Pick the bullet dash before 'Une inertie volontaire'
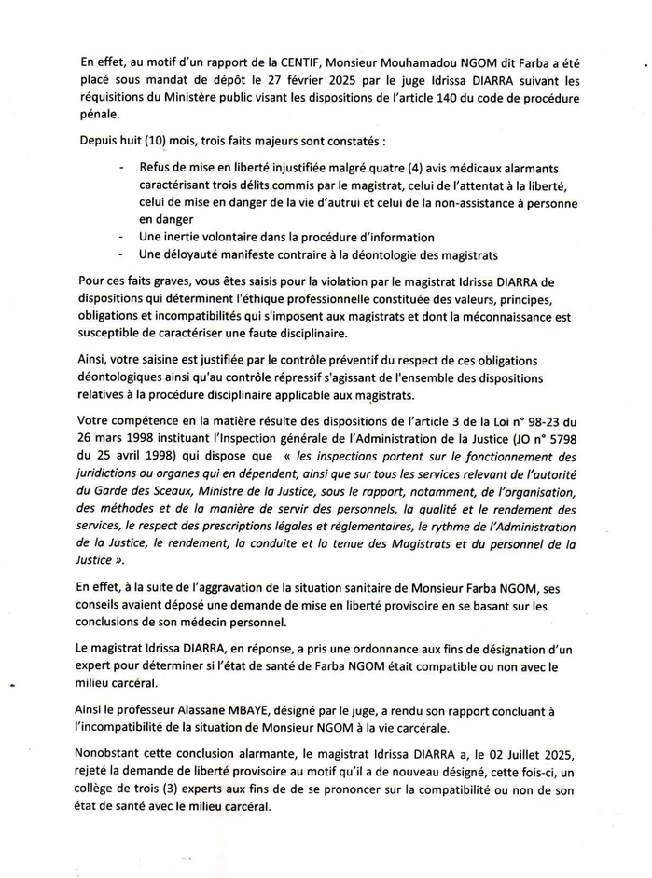[x=122, y=238]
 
